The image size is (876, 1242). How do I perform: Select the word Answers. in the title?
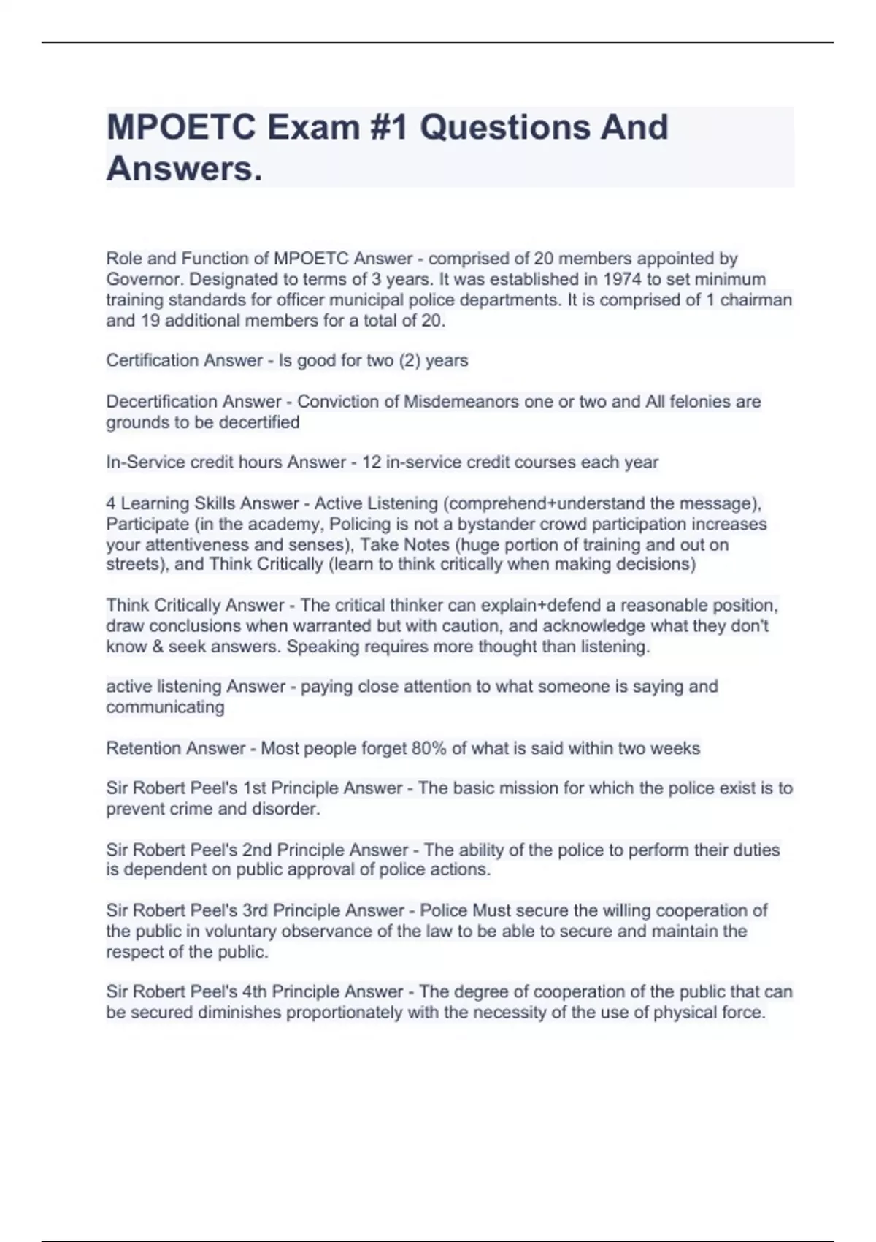tap(184, 169)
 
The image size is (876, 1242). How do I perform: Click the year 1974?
tap(614, 279)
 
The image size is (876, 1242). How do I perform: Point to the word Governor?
tap(145, 279)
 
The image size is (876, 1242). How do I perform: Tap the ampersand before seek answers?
tap(155, 647)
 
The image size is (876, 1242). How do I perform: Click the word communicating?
tap(165, 706)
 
